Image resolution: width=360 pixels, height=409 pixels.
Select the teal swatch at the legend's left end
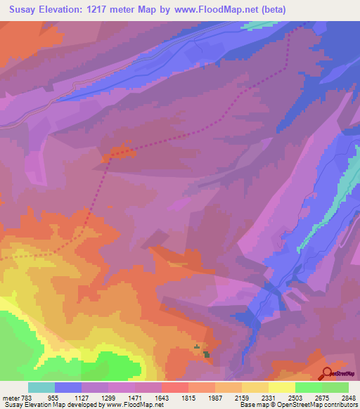pyautogui.click(x=41, y=387)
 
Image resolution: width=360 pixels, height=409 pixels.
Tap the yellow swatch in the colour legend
pyautogui.click(x=281, y=387)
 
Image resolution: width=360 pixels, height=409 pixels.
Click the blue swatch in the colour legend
pyautogui.click(x=68, y=387)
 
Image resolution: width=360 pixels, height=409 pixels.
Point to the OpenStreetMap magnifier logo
pyautogui.click(x=328, y=373)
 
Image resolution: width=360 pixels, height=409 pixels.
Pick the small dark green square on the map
pyautogui.click(x=207, y=353)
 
